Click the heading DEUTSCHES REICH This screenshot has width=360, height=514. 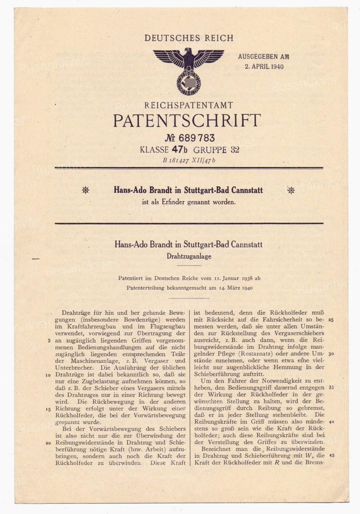(x=189, y=38)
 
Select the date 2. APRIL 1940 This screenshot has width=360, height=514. (x=264, y=66)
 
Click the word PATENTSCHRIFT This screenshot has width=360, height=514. (x=186, y=121)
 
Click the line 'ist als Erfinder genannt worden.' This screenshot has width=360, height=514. (x=189, y=202)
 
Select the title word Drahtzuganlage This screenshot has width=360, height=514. (x=188, y=256)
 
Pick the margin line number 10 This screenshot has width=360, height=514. (x=48, y=375)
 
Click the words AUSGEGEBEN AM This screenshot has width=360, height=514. (x=264, y=57)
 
